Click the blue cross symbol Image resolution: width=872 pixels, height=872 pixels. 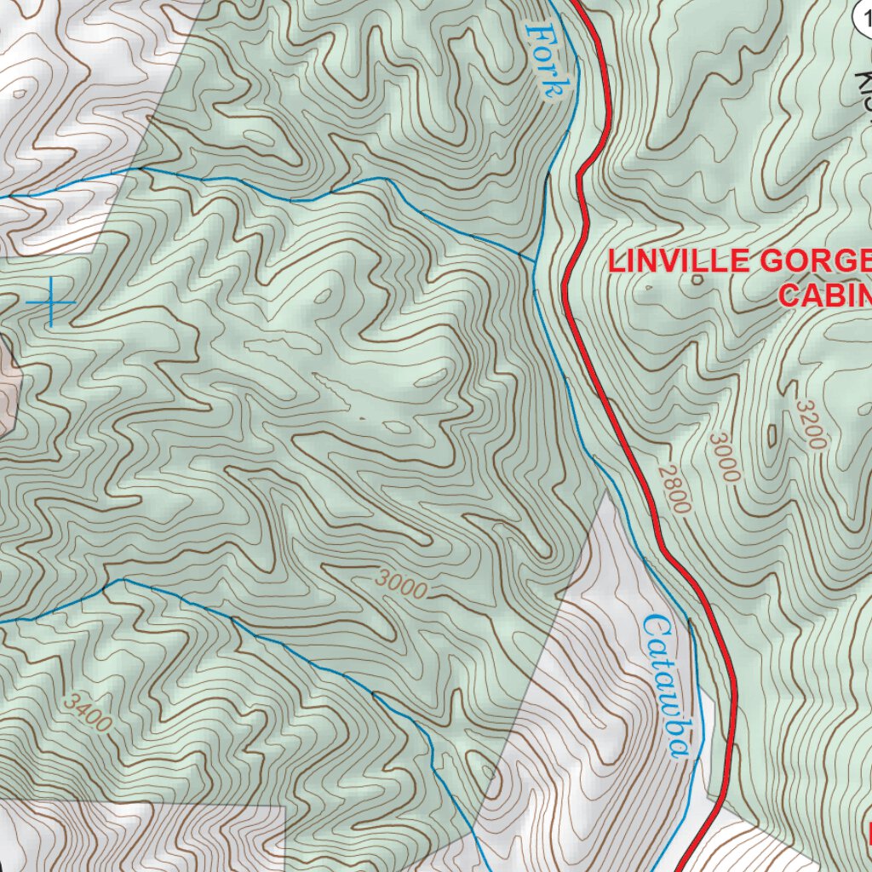tap(50, 302)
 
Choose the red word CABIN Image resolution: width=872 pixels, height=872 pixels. tap(824, 295)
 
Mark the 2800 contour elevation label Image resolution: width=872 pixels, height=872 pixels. tap(674, 489)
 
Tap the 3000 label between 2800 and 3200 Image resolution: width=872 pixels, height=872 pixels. tap(725, 457)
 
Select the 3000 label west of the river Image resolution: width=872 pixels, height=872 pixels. tap(400, 584)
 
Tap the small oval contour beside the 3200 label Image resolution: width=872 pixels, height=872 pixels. tap(772, 436)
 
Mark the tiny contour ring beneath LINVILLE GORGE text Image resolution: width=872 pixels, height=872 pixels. tap(697, 280)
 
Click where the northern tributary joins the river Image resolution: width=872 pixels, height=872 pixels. tap(536, 260)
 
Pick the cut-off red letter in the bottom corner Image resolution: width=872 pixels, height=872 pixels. tap(868, 830)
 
